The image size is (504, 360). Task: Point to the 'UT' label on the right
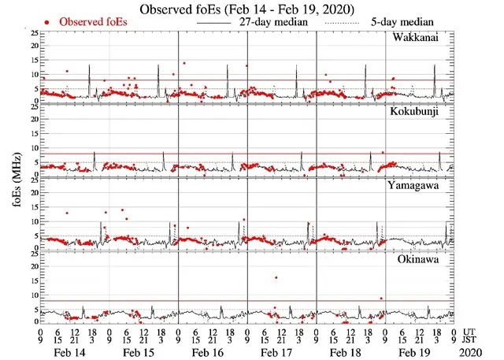(x=469, y=331)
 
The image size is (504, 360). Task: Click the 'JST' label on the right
(x=470, y=340)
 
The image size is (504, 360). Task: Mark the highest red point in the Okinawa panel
(x=276, y=277)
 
